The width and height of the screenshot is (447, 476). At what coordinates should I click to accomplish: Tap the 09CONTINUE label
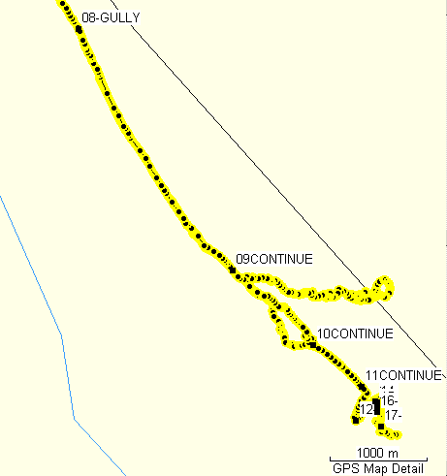[x=275, y=259]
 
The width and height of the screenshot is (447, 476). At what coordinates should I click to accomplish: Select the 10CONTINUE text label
[x=355, y=333]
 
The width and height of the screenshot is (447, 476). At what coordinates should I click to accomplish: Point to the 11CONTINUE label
[x=403, y=375]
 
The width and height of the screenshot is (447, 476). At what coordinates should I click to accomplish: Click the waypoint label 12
[x=366, y=409]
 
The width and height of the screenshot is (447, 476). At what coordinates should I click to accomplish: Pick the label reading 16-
[x=390, y=400]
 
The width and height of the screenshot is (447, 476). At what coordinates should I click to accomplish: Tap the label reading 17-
[x=394, y=415]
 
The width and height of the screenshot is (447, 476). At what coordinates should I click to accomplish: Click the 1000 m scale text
[x=379, y=453]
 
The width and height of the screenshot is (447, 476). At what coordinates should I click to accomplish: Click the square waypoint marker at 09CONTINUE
[x=233, y=270]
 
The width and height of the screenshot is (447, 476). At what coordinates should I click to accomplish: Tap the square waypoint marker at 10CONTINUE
[x=312, y=344]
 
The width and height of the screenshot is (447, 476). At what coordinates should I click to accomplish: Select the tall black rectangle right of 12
[x=377, y=407]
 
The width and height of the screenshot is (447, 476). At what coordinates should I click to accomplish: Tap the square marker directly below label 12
[x=356, y=420]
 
